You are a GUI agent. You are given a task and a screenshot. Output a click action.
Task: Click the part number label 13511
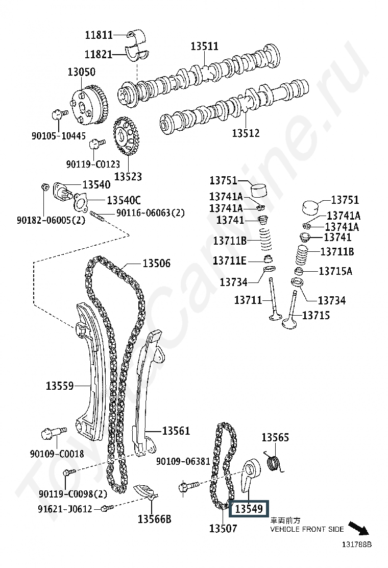coord(204,46)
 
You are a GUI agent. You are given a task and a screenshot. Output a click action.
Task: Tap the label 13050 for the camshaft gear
coord(82,72)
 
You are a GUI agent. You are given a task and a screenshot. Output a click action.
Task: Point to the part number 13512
coord(246,133)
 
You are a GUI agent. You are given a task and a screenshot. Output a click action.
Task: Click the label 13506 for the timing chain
coord(156,264)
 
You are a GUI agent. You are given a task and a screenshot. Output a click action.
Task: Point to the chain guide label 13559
coord(60,386)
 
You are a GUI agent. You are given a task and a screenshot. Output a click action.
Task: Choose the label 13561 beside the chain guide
coord(176,431)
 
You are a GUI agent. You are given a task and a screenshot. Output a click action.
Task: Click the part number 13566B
coord(154,519)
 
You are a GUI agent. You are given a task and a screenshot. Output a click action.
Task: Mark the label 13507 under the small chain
coord(223,529)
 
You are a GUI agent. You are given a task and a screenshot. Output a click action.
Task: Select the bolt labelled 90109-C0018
coord(53,434)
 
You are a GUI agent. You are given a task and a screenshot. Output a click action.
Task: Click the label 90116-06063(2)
coord(150,213)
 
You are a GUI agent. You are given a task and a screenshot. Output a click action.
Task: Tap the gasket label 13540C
coord(123,200)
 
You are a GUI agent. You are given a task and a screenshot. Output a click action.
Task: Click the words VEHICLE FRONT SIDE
coord(307,529)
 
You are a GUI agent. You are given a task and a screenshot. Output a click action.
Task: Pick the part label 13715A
coord(335,271)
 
